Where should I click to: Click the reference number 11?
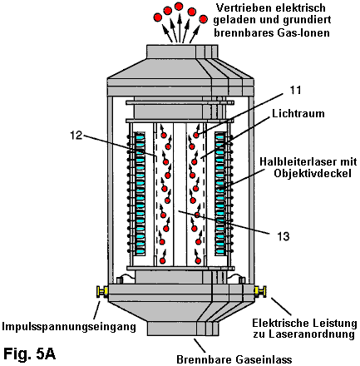295,90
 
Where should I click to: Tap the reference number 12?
76,136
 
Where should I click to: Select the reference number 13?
284,236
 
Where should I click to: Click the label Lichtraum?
298,113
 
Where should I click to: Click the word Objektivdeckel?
313,173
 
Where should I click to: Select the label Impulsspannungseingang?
69,326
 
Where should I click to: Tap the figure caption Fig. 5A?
29,354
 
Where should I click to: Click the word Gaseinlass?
264,359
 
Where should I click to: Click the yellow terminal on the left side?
102,292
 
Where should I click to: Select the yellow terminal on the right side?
260,291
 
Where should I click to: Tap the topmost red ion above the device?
179,6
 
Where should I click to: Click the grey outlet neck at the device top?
182,52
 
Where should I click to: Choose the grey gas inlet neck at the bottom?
182,329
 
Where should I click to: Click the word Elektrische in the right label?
280,323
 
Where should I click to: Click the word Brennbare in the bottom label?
205,359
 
